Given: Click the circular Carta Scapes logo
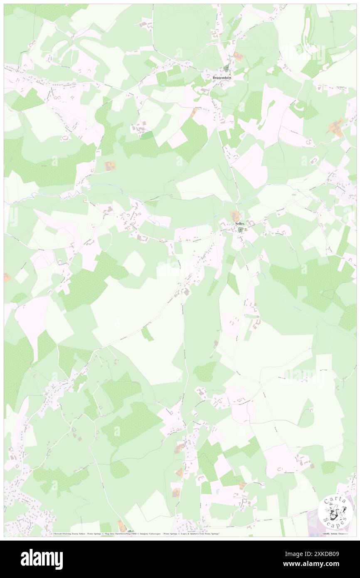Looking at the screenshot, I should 332,512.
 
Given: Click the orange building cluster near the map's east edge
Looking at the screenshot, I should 337,126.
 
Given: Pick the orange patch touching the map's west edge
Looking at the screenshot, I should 7,277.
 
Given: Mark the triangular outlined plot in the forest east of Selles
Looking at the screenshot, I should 328,295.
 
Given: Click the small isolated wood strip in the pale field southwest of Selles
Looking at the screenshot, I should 146,333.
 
